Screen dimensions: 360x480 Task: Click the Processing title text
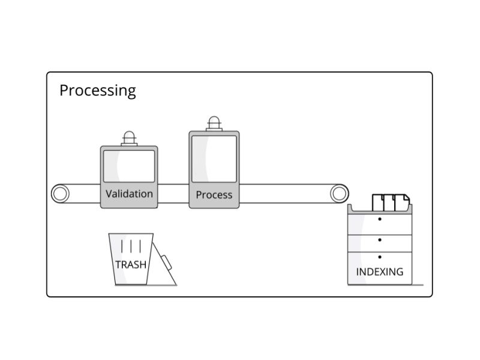[x=97, y=91]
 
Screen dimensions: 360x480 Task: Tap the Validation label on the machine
[x=129, y=194]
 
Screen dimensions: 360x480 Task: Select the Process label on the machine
[x=214, y=195]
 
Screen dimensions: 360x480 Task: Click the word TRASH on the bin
[x=130, y=264]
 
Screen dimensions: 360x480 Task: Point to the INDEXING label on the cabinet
[x=380, y=272]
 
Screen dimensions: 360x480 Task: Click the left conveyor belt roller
[x=60, y=194]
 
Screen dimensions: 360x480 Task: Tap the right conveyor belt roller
[x=339, y=194]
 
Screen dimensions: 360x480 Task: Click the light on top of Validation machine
[x=129, y=137]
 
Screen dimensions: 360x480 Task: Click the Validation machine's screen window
[x=129, y=166]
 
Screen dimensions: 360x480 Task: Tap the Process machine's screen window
[x=214, y=158]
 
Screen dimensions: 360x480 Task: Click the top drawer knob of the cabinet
[x=380, y=219]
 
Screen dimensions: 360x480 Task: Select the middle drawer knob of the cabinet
[x=380, y=239]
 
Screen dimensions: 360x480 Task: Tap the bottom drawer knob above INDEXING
[x=380, y=257]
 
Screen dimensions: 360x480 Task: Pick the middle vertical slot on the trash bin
[x=131, y=246]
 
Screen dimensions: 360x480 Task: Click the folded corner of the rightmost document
[x=406, y=197]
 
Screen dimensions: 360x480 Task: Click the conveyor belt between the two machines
[x=173, y=194]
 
